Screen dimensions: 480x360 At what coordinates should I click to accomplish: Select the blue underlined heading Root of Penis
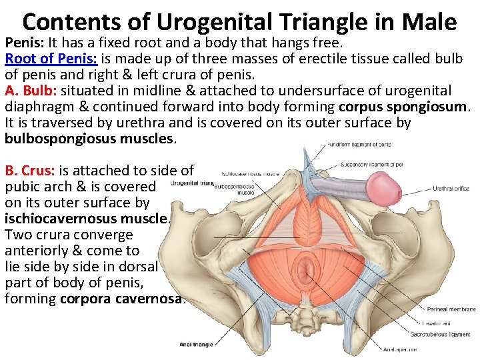(51, 58)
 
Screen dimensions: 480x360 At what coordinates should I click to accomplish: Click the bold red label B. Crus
(28, 170)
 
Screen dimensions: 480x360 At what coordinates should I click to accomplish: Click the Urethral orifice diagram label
(451, 189)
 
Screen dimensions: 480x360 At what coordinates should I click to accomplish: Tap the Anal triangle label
(197, 345)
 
